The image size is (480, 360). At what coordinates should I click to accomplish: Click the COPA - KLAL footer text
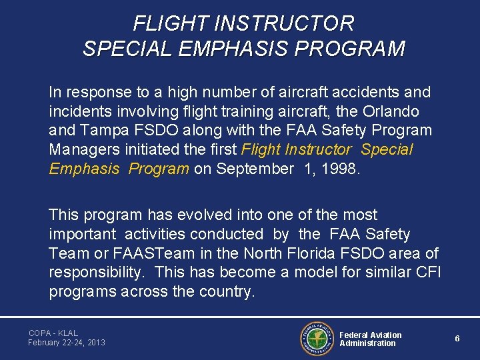tap(53, 333)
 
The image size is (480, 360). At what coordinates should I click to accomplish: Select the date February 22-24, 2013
tap(67, 343)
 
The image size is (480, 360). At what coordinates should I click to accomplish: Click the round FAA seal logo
tap(317, 338)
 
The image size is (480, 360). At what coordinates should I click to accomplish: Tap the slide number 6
tap(457, 339)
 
